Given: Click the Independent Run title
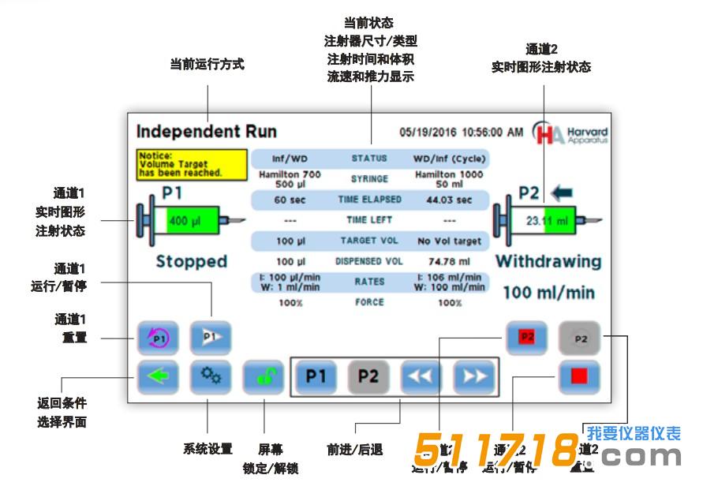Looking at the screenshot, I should [206, 131].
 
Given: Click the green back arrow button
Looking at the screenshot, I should [158, 376].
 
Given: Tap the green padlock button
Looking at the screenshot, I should [263, 376].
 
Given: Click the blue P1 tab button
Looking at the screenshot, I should [316, 376].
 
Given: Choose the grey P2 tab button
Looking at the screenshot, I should [368, 376].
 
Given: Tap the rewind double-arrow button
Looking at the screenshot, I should [421, 376].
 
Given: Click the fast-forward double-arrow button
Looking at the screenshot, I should [473, 376].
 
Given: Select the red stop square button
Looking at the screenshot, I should [579, 376].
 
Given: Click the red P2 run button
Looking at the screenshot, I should [526, 337].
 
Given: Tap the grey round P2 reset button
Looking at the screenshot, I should [580, 338].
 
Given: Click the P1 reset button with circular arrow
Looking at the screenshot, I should [158, 337].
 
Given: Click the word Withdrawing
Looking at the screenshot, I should [548, 261].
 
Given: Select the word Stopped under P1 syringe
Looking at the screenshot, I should [192, 261].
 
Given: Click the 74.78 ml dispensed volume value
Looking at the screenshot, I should [450, 261].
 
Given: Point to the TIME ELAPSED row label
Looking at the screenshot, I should [369, 200].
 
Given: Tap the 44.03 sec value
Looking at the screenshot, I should [450, 200].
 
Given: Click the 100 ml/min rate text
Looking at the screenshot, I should [548, 293].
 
